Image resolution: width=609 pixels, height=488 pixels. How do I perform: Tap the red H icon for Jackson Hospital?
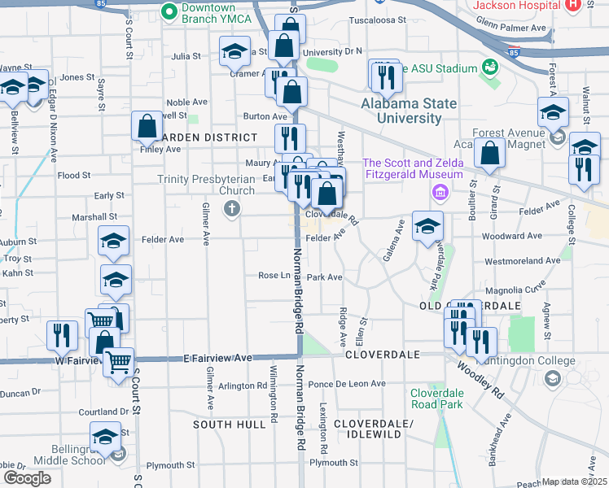(x=572, y=4)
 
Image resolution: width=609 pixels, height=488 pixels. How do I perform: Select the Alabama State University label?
(x=409, y=111)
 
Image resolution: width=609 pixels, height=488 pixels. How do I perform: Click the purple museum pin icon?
(x=440, y=193)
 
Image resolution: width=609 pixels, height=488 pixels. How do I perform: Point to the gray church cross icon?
(x=232, y=209)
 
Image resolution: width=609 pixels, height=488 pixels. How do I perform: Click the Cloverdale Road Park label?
(x=437, y=398)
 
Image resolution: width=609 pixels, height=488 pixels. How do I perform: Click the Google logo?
(x=27, y=478)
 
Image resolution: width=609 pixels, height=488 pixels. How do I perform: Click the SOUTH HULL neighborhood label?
(x=230, y=425)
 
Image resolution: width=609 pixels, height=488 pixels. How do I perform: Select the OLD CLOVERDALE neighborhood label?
(x=470, y=305)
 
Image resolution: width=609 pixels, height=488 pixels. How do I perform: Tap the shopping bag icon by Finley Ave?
(x=147, y=126)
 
